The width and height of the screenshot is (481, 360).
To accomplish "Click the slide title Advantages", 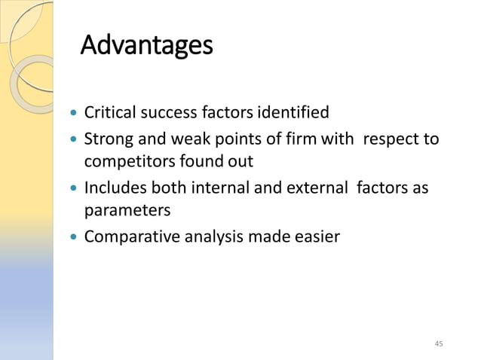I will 146,47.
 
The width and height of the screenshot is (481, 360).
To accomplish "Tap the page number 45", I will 440,344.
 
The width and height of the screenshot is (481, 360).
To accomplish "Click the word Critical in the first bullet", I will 108,114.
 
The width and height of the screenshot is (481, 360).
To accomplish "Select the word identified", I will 293,114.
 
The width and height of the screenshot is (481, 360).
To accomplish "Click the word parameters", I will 127,209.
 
